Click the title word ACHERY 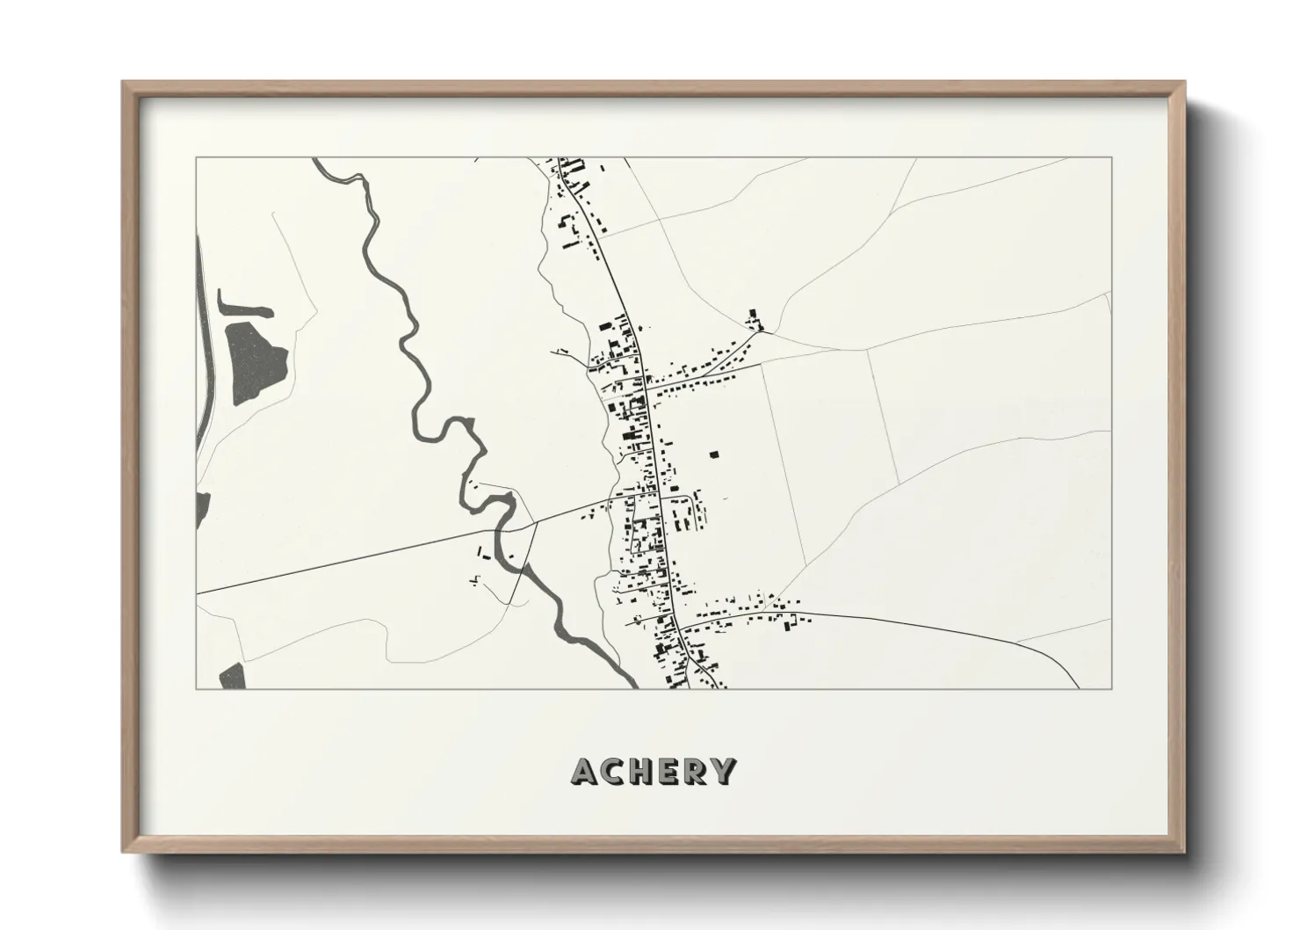(x=653, y=771)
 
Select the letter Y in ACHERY (x=723, y=771)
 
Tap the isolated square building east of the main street (x=714, y=454)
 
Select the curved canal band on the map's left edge (x=204, y=352)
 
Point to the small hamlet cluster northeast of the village (x=755, y=320)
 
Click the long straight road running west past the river (x=351, y=562)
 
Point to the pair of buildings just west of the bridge (x=484, y=553)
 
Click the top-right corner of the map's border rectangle (x=1111, y=157)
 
